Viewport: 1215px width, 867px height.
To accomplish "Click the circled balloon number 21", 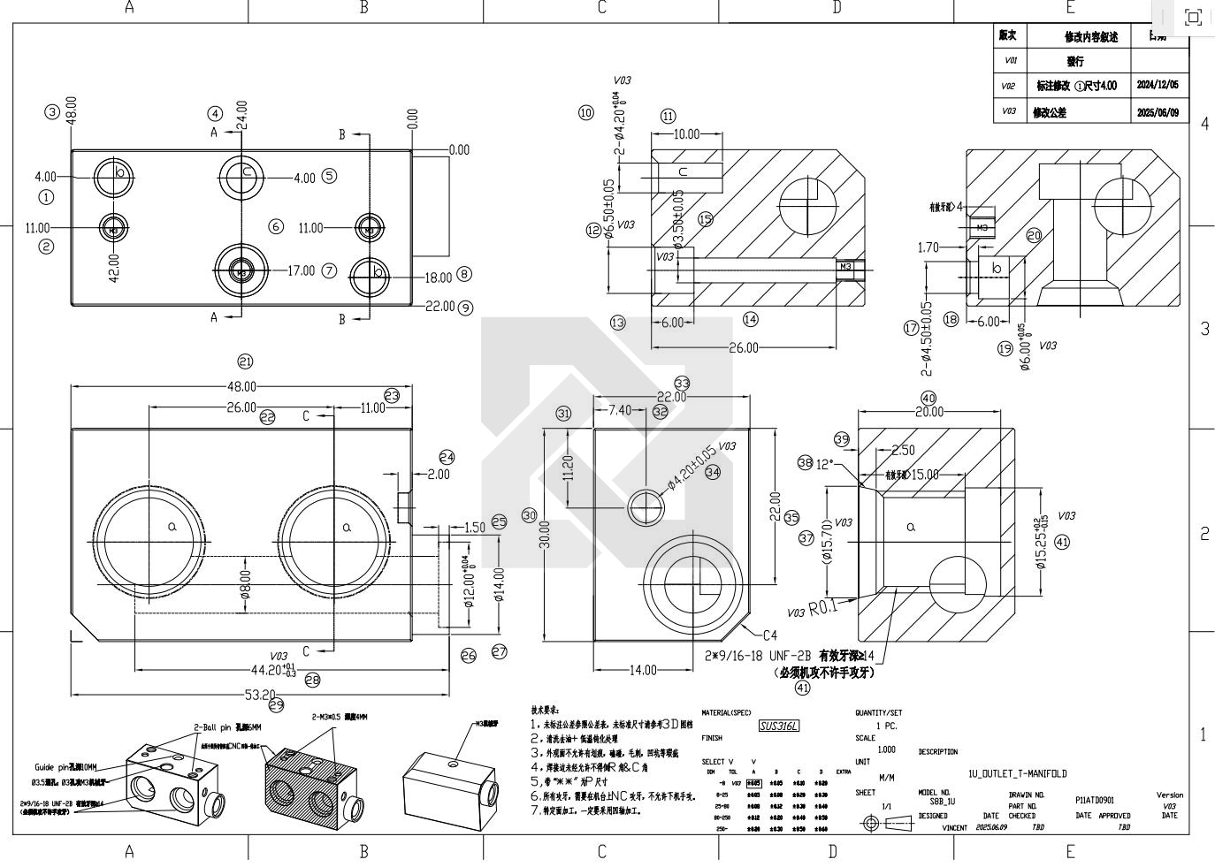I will click(x=245, y=361).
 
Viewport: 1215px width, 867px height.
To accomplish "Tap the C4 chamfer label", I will click(x=769, y=635).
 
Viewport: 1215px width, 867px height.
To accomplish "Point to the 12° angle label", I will click(x=824, y=464).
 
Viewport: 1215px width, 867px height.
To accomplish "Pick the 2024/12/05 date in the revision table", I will click(x=1158, y=86).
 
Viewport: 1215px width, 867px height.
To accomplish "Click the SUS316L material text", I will click(x=779, y=726).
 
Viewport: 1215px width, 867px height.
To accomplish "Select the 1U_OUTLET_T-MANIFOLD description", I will click(x=1017, y=773).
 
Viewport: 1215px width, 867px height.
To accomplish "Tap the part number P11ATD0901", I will click(x=1094, y=800).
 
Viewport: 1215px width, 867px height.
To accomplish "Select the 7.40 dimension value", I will click(x=620, y=410).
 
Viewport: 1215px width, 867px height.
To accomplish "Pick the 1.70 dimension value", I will click(x=928, y=247).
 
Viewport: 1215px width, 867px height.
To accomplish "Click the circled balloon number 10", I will click(x=586, y=112).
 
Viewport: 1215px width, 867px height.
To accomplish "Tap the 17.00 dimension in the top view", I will click(x=301, y=270).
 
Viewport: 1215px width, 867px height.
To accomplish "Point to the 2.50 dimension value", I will click(x=903, y=450).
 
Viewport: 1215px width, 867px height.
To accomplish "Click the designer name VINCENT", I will click(x=954, y=828).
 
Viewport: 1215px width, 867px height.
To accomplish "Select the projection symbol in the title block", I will click(x=887, y=824).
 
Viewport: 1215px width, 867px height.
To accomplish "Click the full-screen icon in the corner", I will click(x=1192, y=18).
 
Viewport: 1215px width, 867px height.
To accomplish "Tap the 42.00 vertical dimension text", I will click(x=114, y=267).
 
